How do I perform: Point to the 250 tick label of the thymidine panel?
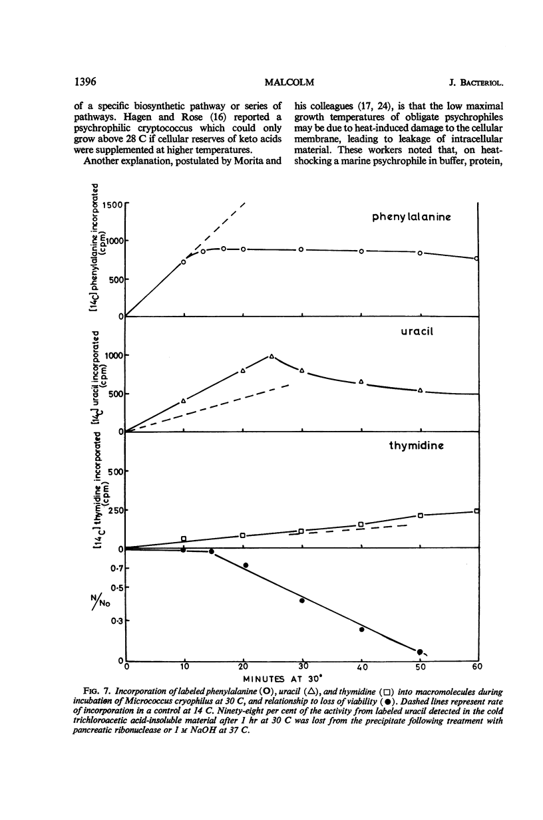click(x=112, y=510)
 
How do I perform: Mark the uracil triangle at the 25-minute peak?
click(x=271, y=356)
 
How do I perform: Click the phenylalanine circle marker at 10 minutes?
click(x=184, y=261)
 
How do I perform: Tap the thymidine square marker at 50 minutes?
click(x=420, y=515)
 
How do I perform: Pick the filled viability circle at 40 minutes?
click(x=361, y=629)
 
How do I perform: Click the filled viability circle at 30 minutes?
click(x=302, y=601)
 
